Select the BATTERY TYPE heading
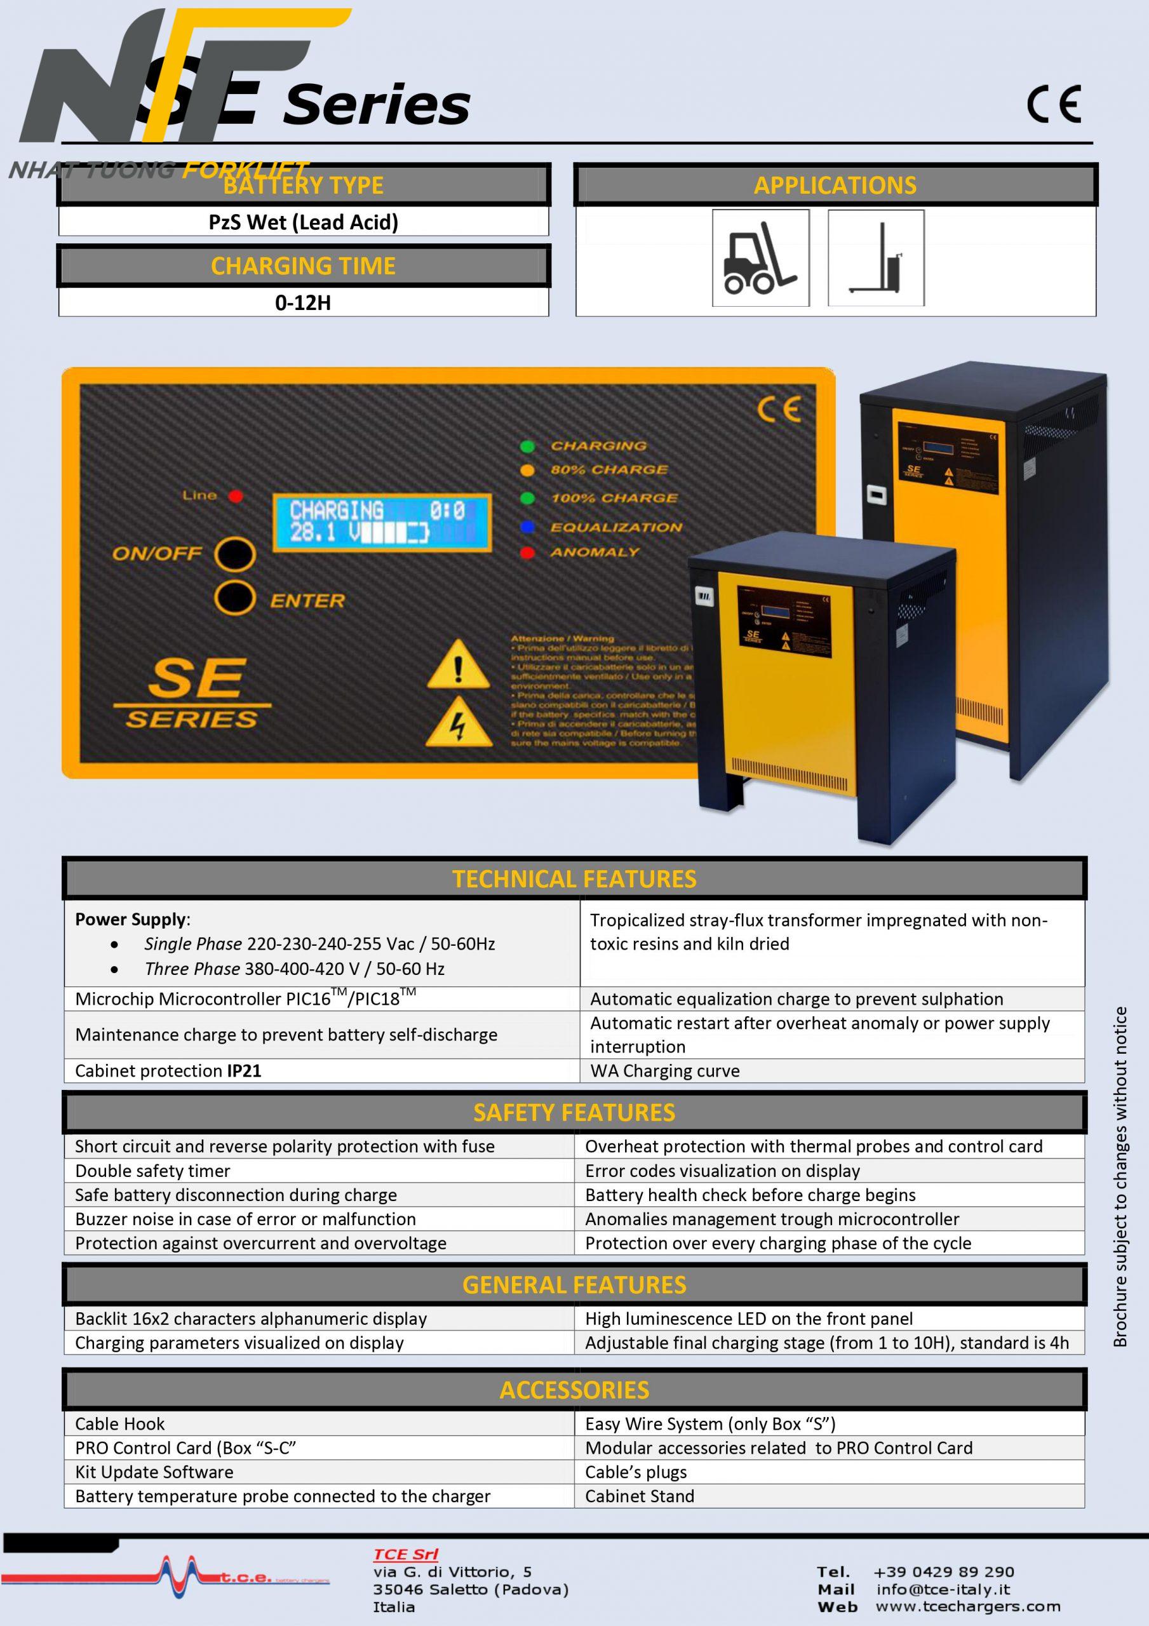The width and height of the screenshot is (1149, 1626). click(x=303, y=185)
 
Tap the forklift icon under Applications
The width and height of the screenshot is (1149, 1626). click(x=760, y=258)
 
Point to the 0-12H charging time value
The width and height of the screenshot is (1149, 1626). click(x=303, y=303)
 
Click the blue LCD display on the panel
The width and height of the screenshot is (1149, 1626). click(x=380, y=523)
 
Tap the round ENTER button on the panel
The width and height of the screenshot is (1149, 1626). click(x=234, y=598)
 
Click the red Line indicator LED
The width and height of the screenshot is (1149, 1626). click(x=235, y=495)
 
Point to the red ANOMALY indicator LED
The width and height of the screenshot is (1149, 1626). click(x=527, y=553)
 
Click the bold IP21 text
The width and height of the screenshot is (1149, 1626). click(x=245, y=1071)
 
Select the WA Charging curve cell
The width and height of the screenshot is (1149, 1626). click(x=664, y=1071)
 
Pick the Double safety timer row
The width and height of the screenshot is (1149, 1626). click(x=153, y=1171)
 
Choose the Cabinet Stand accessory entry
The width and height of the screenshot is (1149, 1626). click(x=640, y=1496)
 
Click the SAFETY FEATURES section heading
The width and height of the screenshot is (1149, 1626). click(x=574, y=1113)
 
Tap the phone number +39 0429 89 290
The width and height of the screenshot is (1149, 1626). click(x=944, y=1572)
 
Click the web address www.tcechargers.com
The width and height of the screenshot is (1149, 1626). click(x=967, y=1606)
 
